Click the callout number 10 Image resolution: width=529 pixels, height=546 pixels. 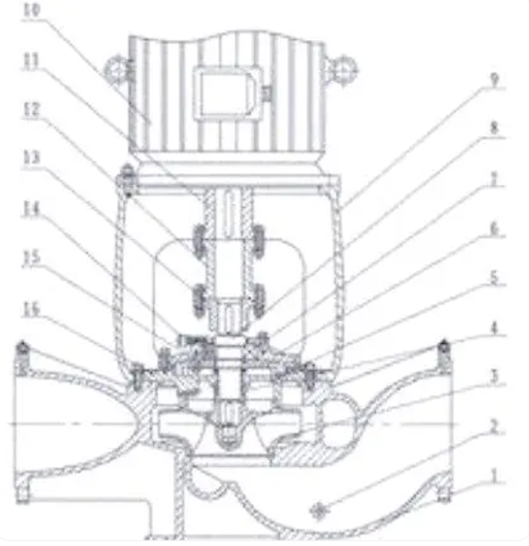(x=32, y=10)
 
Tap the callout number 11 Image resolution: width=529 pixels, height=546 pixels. (x=31, y=61)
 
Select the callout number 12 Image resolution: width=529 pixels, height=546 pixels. (x=32, y=110)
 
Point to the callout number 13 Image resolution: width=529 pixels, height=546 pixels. (x=32, y=158)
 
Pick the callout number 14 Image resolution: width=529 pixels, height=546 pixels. (x=32, y=209)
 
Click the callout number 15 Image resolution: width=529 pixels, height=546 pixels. (x=32, y=257)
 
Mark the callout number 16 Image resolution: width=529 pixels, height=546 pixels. (x=32, y=310)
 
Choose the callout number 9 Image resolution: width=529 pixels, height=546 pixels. (x=495, y=80)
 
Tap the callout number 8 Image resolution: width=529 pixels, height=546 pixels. (x=494, y=129)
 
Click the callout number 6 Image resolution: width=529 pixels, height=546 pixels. (x=494, y=229)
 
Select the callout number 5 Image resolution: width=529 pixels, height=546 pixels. (x=494, y=278)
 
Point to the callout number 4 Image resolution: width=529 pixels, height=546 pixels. (x=494, y=328)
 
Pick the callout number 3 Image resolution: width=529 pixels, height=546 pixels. (x=494, y=376)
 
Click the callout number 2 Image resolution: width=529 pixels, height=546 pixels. (x=494, y=426)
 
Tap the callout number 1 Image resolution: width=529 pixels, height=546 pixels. (x=494, y=475)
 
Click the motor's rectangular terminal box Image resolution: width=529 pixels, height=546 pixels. (x=226, y=93)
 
